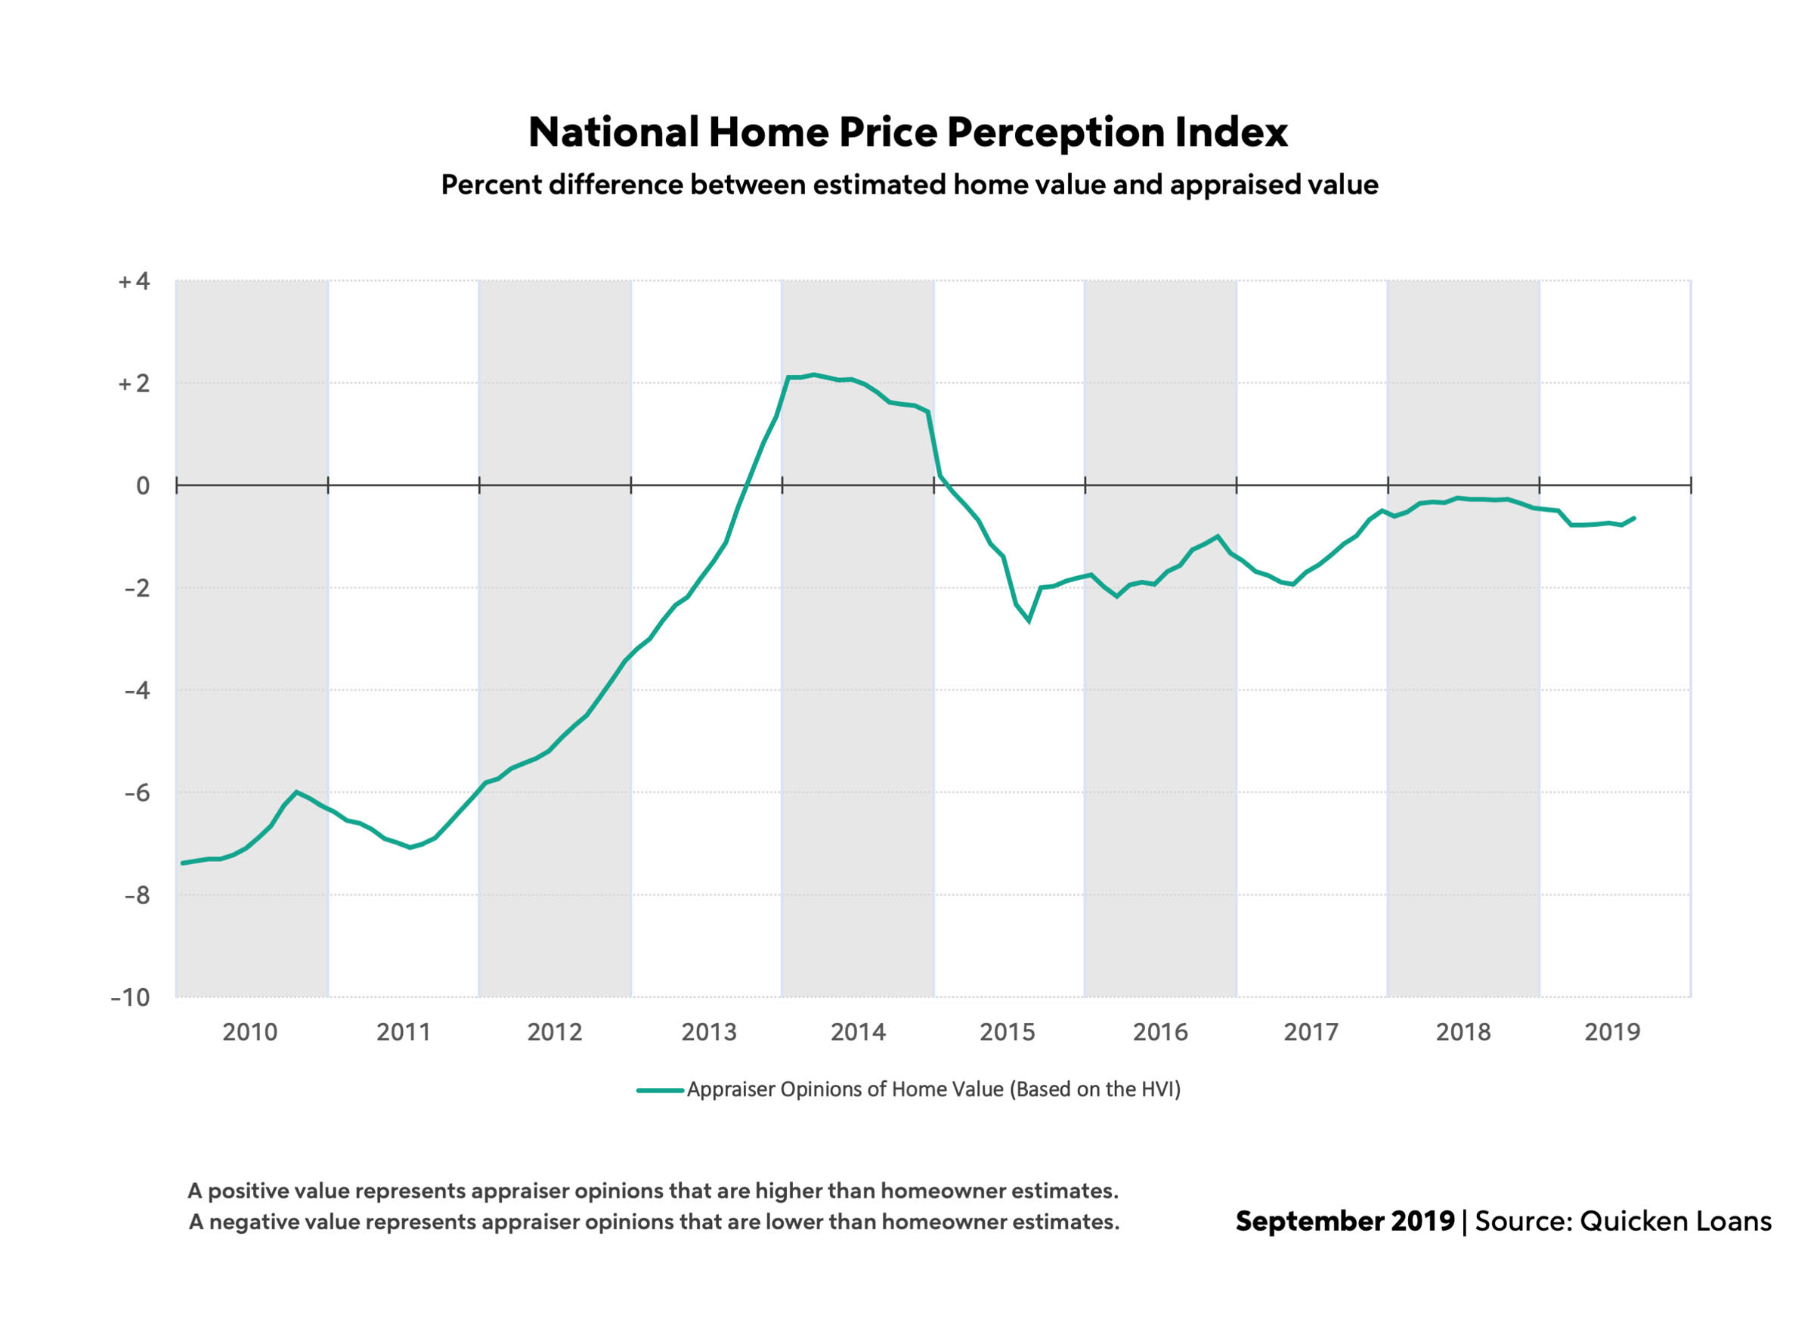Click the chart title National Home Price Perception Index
pos(908,132)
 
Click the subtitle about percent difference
pos(909,184)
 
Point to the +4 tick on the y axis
pos(134,281)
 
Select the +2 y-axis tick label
pos(134,384)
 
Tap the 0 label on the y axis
pos(142,485)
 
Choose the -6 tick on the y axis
pos(137,793)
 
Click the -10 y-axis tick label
pos(130,998)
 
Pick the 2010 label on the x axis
pos(249,1032)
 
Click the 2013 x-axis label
pos(708,1032)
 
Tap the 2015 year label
pos(1007,1032)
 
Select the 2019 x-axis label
pos(1611,1032)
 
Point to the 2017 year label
pos(1310,1032)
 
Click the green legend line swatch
pos(660,1089)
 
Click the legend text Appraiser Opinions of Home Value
pos(933,1089)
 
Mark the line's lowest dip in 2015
pos(1029,621)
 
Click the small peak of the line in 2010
pos(297,792)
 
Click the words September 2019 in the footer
pos(1345,1221)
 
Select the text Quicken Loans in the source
pos(1676,1221)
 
